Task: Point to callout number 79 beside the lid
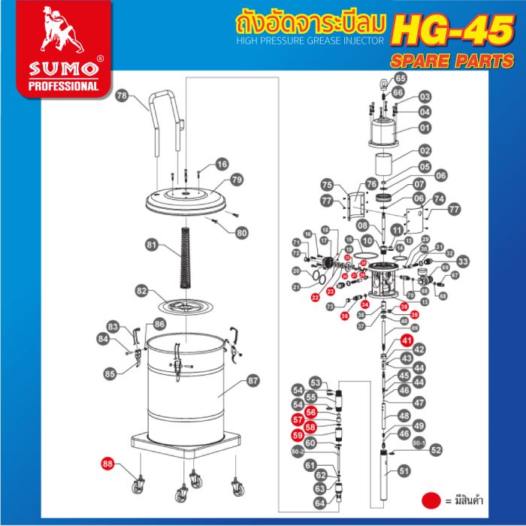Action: (236, 180)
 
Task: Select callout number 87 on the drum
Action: (252, 381)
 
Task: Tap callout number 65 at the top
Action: (400, 78)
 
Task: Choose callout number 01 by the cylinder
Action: (424, 128)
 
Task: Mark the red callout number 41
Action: (407, 340)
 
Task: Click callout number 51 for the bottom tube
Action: (406, 471)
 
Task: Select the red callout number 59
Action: (298, 435)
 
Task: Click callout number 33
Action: (463, 261)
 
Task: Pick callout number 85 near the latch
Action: (110, 373)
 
